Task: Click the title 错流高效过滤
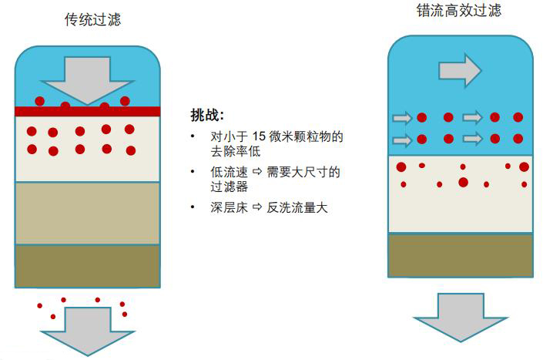click(460, 12)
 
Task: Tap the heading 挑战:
click(206, 116)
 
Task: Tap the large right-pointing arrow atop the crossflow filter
click(460, 70)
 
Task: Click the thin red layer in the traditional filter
click(87, 111)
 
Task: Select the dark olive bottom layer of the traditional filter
click(87, 265)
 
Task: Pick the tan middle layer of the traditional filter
click(87, 213)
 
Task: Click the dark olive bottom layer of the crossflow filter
click(460, 255)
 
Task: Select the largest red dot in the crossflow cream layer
click(463, 182)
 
